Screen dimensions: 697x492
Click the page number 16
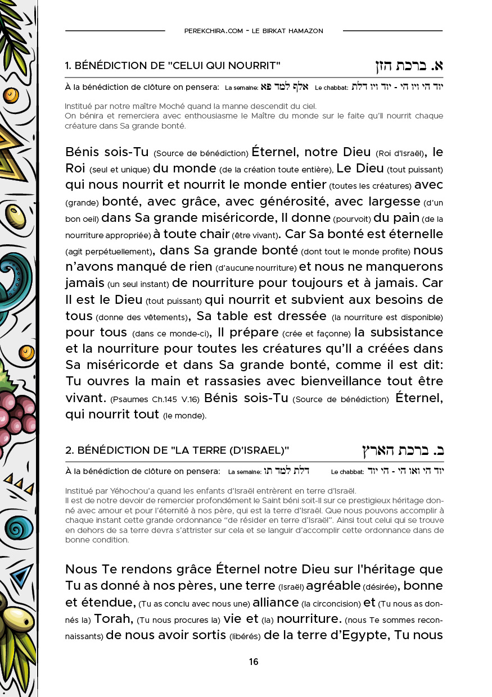[x=254, y=662]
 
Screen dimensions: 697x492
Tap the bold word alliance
[x=276, y=603]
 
